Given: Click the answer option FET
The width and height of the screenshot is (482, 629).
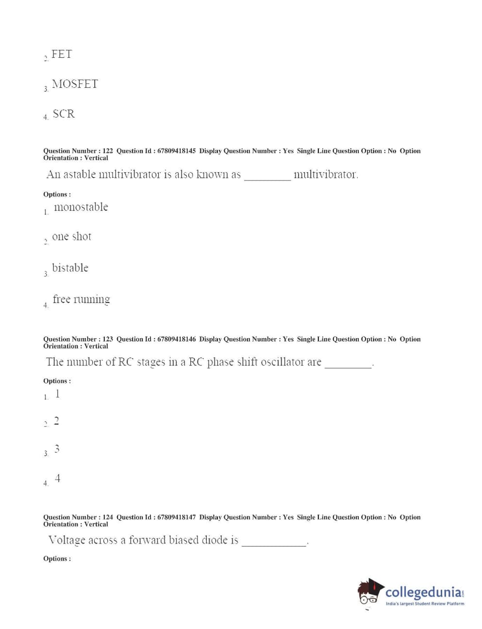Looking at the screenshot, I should point(62,54).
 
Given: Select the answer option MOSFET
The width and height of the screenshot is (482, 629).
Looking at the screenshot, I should point(75,84).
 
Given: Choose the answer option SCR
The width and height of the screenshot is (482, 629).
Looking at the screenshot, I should point(64,114).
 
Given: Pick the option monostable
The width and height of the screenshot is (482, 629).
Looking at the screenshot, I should point(81,207).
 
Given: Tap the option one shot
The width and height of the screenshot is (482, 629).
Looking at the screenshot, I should point(71,237).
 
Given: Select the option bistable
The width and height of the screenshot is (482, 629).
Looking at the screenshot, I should point(70,268).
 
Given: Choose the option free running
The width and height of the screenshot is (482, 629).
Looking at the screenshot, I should point(81,299).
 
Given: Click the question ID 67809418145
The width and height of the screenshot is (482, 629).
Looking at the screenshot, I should point(176,151).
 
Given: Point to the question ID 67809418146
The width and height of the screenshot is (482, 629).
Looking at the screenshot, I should point(176,339).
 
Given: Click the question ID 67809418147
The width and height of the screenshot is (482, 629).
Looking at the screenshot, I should point(176,517).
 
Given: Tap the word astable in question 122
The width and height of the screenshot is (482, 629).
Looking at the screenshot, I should point(80,175).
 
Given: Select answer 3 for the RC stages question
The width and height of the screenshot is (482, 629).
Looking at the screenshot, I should point(57,449).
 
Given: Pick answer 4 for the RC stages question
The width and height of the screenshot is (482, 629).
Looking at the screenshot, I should point(57,479).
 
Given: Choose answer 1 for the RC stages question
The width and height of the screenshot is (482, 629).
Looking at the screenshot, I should point(57,394).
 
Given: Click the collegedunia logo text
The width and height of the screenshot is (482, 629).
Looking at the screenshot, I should point(423,593).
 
